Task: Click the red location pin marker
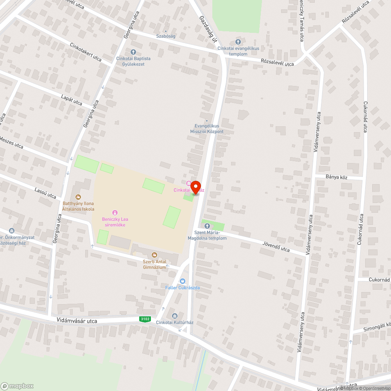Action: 195,187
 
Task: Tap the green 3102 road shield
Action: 145,319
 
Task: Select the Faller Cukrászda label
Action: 183,288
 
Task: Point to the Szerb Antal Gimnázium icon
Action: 154,255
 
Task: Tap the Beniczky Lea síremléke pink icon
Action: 115,212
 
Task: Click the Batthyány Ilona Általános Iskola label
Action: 79,206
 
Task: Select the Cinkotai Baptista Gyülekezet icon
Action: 133,52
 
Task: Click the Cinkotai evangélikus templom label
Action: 238,51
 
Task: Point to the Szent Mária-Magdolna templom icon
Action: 207,226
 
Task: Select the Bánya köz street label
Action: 336,177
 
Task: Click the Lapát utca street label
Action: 72,100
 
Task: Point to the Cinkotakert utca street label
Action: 86,52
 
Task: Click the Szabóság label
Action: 166,36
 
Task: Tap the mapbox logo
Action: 17,386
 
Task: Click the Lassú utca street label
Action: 45,191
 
